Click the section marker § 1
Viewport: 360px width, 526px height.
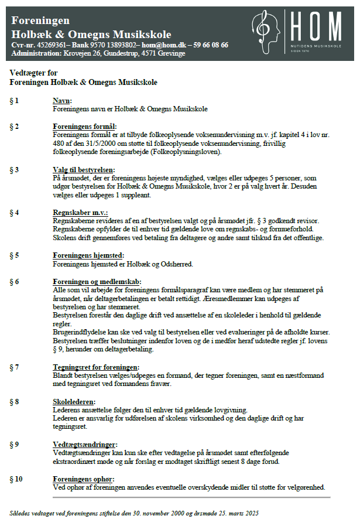point(14,101)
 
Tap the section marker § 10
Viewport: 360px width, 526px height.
point(16,479)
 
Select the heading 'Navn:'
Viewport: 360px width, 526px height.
point(61,101)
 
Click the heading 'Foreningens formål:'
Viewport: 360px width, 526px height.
point(85,126)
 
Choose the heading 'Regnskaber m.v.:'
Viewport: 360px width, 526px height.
point(80,212)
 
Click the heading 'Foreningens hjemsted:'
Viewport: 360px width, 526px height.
point(87,255)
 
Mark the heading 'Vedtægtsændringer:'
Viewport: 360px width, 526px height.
point(85,445)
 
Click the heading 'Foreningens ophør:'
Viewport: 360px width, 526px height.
point(83,479)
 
